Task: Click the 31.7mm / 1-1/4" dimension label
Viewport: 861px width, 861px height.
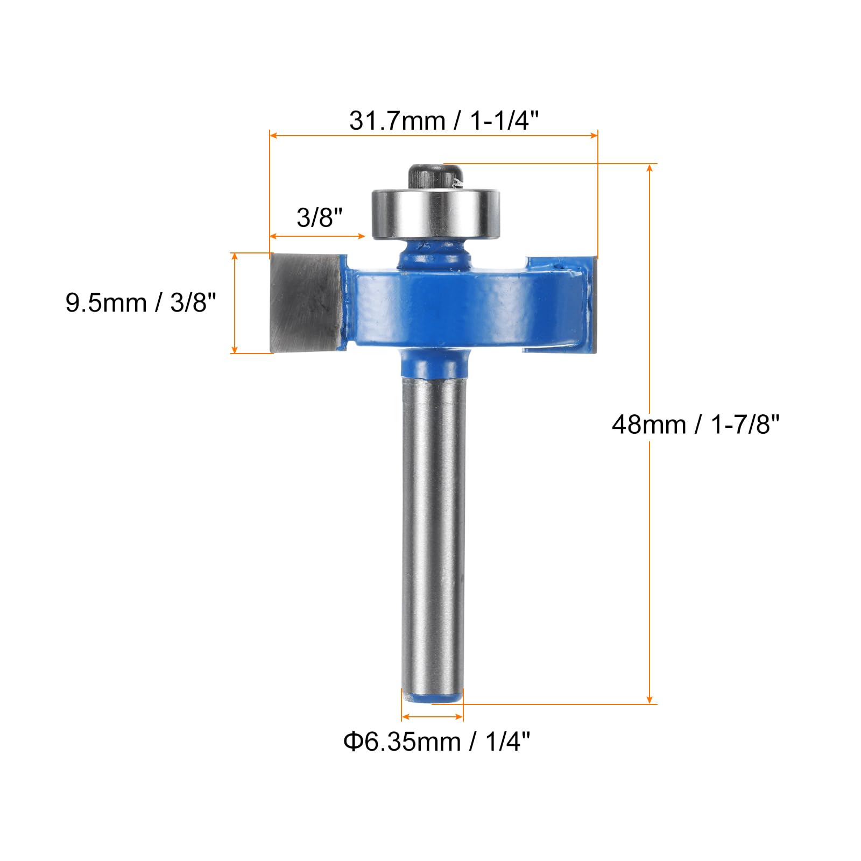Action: pyautogui.click(x=444, y=121)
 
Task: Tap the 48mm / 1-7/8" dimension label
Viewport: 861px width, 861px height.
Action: pyautogui.click(x=696, y=425)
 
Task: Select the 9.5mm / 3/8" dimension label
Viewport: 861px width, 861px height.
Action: pyautogui.click(x=141, y=302)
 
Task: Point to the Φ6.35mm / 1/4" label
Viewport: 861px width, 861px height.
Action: pyautogui.click(x=437, y=742)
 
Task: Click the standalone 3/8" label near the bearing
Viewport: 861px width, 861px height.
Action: pyautogui.click(x=320, y=217)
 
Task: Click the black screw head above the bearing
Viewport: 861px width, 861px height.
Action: pyautogui.click(x=436, y=177)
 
